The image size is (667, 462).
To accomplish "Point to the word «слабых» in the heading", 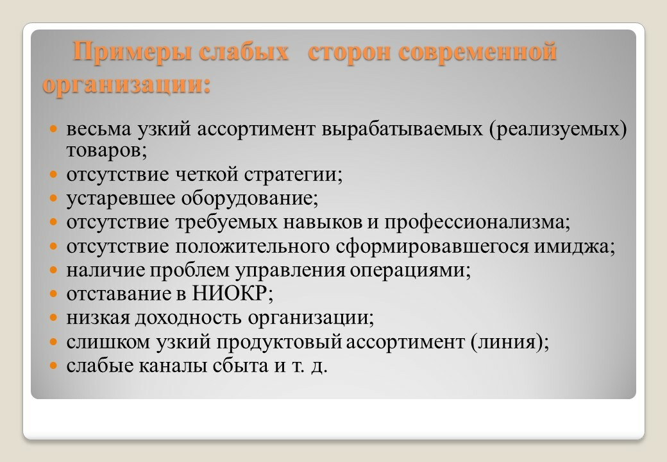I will [x=249, y=53].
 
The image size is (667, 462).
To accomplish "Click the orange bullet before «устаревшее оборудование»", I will [x=55, y=198].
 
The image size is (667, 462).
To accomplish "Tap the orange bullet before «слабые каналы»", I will [x=55, y=365].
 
